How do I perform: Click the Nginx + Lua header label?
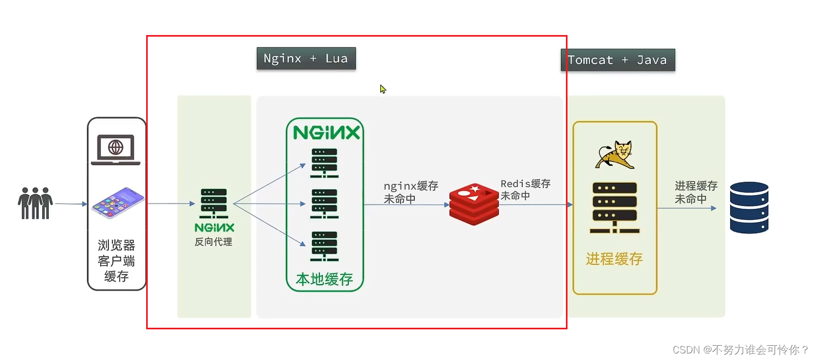tap(306, 59)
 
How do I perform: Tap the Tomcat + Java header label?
tap(617, 60)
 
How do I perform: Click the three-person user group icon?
tap(35, 203)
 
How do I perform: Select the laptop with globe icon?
tap(115, 149)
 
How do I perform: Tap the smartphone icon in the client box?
tap(117, 202)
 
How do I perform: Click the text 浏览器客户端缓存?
tap(117, 260)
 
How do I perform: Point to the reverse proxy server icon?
tap(214, 204)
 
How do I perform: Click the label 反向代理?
tap(213, 241)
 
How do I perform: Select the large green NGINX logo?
tap(326, 132)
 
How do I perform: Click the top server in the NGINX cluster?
tap(324, 162)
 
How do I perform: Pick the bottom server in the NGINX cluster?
tap(324, 246)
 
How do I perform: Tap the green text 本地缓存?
tap(325, 279)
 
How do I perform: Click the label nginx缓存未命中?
tap(411, 192)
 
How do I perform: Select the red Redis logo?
tap(474, 205)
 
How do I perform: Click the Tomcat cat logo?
tap(615, 155)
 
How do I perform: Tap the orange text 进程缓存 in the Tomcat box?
tap(614, 259)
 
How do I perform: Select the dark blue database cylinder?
tap(749, 207)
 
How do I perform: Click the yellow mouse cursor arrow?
tap(383, 89)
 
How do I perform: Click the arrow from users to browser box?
tap(71, 204)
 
